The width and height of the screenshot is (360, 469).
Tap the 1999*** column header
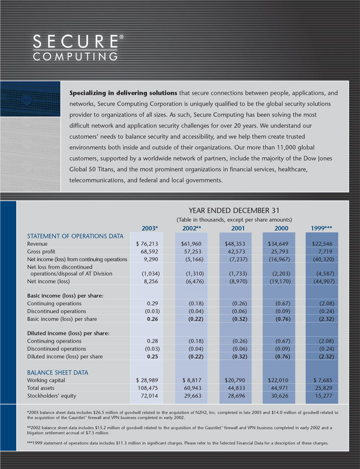(321, 228)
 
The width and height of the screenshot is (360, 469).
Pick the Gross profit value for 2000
(280, 251)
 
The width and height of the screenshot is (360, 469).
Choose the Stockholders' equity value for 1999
(322, 396)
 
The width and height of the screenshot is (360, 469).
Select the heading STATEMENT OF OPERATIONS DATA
(75, 236)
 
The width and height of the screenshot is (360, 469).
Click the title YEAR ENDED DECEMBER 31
(234, 210)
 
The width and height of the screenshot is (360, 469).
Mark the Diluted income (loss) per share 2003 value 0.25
(152, 356)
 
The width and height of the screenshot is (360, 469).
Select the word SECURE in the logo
(74, 41)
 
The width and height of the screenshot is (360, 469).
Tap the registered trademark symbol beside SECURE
(122, 37)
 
